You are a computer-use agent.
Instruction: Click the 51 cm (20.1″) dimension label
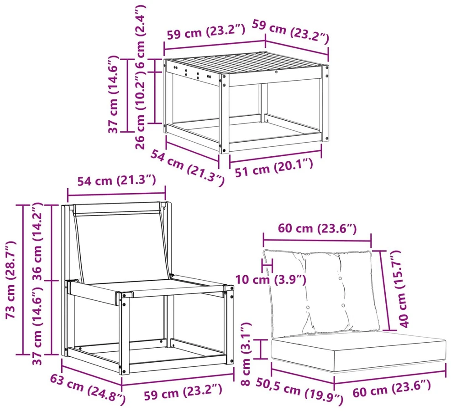click(274, 168)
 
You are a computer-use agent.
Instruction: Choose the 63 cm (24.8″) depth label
click(88, 389)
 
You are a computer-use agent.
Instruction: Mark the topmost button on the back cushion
click(340, 278)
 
